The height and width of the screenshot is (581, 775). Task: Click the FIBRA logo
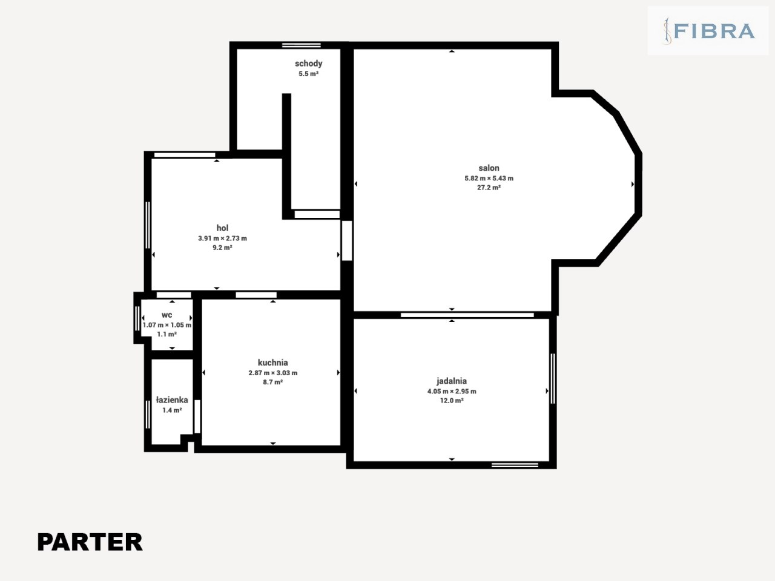[x=708, y=31]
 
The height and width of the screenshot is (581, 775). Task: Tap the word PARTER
[x=90, y=542]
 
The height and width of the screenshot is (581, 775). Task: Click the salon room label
[x=489, y=168]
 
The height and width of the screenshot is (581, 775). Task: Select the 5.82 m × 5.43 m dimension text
[x=489, y=178]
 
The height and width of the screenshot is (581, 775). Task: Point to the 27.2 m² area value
[x=489, y=188]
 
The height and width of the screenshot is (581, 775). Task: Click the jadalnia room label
[x=452, y=381]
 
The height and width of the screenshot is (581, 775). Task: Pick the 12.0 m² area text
[x=452, y=401]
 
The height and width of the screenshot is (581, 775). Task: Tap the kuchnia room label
[x=272, y=363]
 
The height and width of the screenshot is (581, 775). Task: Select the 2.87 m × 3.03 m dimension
[x=272, y=373]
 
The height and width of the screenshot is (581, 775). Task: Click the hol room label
[x=222, y=228]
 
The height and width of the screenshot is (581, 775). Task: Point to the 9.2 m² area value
[x=222, y=248]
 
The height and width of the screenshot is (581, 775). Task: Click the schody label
[x=309, y=64]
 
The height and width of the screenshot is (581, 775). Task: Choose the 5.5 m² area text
[x=309, y=74]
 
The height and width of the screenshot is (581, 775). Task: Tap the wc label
[x=167, y=315]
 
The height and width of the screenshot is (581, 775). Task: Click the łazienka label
[x=172, y=399]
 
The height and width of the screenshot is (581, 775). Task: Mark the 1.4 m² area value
[x=172, y=410]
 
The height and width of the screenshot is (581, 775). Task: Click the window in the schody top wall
[x=301, y=45]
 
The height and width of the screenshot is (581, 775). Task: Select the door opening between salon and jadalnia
[x=467, y=315]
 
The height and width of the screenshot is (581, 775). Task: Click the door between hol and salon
[x=347, y=241]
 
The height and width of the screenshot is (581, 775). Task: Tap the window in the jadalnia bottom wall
[x=515, y=465]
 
